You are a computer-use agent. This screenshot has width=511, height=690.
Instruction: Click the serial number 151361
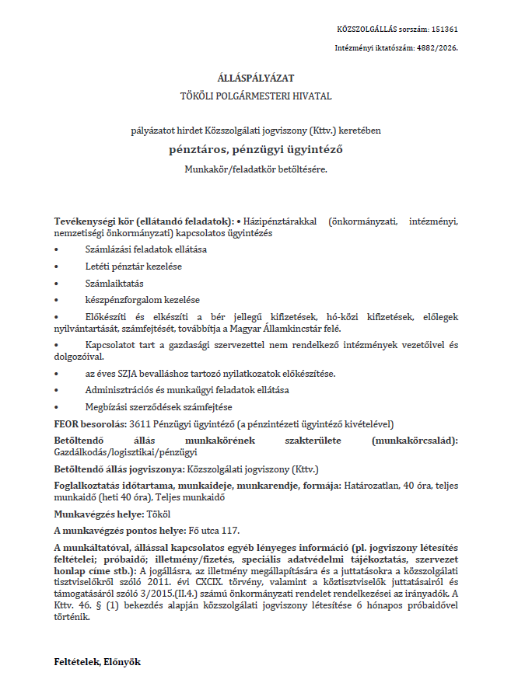[x=445, y=29]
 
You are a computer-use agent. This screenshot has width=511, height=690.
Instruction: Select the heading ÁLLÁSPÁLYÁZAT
[x=255, y=78]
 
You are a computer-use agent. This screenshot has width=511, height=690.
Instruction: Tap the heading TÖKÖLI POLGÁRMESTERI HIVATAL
[x=255, y=96]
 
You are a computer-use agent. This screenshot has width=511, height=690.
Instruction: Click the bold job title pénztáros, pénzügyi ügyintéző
[x=255, y=149]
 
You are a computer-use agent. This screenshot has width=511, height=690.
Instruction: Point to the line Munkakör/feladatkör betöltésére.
[x=255, y=169]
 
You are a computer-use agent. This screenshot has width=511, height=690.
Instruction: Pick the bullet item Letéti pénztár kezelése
[x=133, y=267]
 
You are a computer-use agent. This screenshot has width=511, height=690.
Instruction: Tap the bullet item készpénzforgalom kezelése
[x=142, y=300]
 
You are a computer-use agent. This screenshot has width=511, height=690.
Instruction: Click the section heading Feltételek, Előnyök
[x=96, y=663]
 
